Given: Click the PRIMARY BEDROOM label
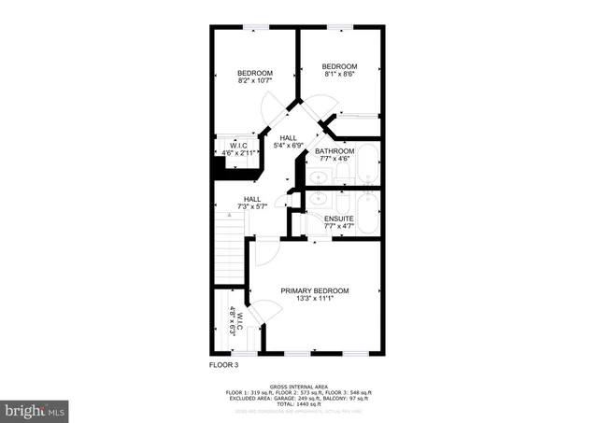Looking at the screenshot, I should point(315,290).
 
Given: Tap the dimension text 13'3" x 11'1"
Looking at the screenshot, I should point(315,299).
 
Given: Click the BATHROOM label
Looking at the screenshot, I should point(334,151).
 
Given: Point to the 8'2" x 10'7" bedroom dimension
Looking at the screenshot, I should point(254,82).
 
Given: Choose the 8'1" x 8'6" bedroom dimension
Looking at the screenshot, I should point(339,75).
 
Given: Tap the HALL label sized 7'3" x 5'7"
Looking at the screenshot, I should point(252,199).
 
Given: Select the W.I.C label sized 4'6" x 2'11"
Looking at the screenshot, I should point(238,147).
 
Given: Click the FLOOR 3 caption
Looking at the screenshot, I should point(222,365).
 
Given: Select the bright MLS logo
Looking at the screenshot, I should point(35,409).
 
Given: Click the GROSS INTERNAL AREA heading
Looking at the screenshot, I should point(298,386).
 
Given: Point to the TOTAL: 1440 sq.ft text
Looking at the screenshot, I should point(299,402).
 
